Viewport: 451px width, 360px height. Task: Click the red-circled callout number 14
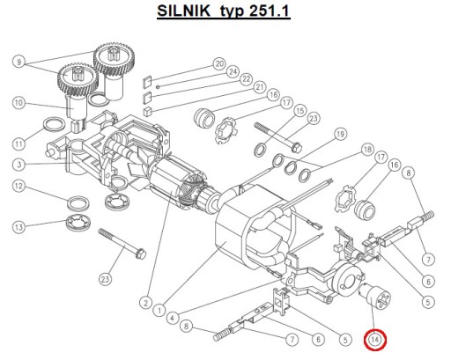click(375, 340)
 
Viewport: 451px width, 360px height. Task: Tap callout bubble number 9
click(19, 62)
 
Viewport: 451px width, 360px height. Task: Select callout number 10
click(18, 103)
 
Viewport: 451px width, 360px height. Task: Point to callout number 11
click(19, 144)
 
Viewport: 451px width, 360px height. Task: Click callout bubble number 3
click(18, 165)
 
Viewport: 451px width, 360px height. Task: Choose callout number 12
click(18, 186)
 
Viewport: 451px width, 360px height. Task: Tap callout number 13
click(18, 227)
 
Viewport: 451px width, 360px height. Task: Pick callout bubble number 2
click(145, 303)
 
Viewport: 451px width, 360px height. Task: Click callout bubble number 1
click(159, 310)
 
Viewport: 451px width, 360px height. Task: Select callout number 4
click(173, 318)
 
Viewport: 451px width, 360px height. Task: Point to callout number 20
click(219, 63)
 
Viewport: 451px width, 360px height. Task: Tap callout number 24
click(233, 71)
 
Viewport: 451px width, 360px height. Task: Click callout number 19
click(340, 134)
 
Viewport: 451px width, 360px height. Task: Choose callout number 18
click(367, 150)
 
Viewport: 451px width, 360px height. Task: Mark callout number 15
click(299, 111)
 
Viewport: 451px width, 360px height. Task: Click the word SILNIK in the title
click(184, 11)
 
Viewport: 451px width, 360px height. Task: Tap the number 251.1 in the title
click(270, 11)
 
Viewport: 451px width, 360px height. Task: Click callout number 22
click(246, 79)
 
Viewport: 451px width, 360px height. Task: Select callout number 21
click(260, 87)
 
